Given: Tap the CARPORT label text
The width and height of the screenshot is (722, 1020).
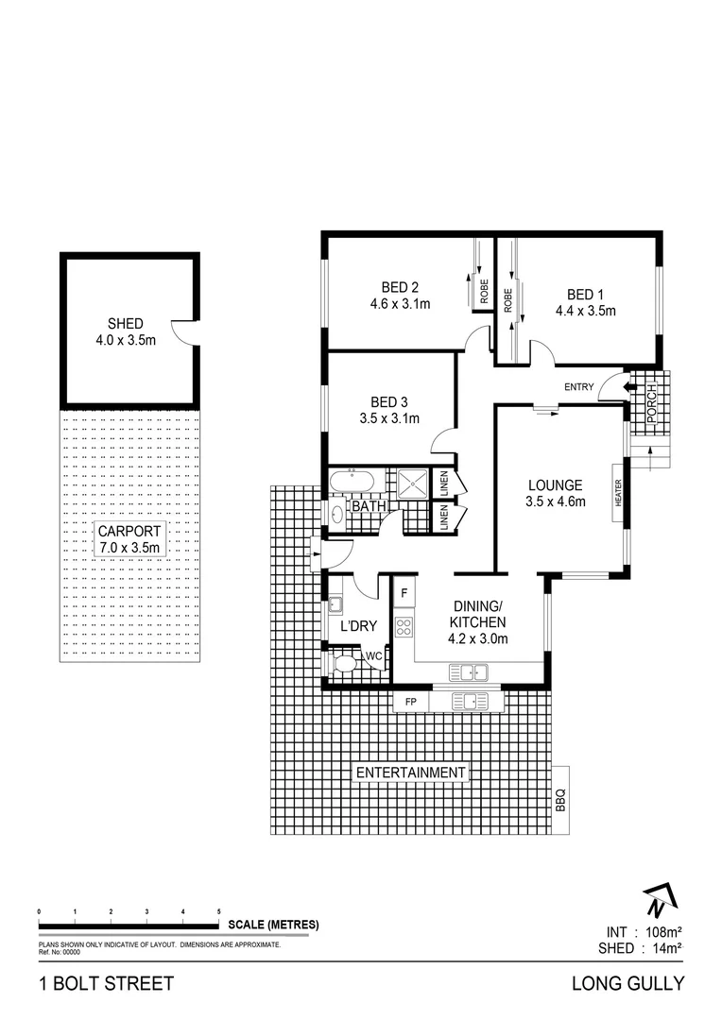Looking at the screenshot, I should [x=129, y=531].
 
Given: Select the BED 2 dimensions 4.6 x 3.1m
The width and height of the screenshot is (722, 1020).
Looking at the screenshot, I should [x=400, y=303].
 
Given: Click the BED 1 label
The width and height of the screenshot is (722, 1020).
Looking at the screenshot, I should [x=585, y=293].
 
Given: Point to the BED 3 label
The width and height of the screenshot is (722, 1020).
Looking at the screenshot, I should [x=388, y=400].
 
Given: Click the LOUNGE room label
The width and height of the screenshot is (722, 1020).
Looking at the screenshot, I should [x=555, y=485].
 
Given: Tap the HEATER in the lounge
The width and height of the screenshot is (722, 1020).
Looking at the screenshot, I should [x=619, y=492].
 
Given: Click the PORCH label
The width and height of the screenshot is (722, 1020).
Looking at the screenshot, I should [x=651, y=405].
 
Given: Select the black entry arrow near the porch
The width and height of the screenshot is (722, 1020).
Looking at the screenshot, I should [x=630, y=386].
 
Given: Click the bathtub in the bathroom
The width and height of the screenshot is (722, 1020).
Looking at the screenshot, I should [x=352, y=484].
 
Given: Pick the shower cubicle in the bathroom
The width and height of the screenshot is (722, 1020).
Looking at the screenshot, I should [x=410, y=484].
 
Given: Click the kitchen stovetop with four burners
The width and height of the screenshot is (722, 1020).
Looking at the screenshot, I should [x=404, y=625].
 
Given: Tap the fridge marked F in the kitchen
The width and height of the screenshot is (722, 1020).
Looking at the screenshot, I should [x=404, y=593].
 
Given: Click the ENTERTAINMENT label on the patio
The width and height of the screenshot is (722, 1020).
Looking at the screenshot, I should [x=410, y=773].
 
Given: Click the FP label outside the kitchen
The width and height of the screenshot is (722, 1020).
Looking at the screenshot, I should [x=410, y=702].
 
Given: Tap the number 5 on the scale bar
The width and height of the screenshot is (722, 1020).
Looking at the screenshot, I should [x=219, y=910].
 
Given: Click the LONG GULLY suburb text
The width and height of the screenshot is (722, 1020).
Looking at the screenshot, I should [x=627, y=983].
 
